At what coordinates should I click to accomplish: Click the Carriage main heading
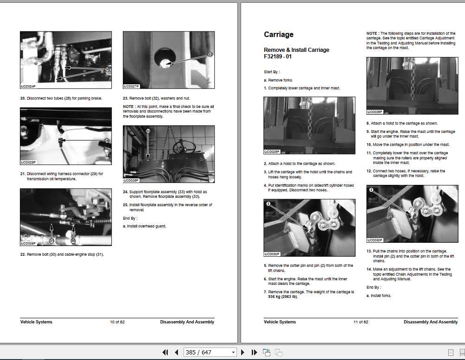point(279,35)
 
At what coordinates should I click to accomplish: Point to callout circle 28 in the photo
point(107,69)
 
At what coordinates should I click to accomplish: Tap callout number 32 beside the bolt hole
point(210,54)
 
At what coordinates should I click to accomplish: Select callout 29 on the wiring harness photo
point(107,140)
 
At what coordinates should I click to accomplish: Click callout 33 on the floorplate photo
point(148,131)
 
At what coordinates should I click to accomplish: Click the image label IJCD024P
point(28,87)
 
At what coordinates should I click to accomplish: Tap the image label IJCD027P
point(131,86)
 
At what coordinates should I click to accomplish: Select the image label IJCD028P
point(131,181)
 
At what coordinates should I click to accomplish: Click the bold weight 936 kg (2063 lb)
point(283,297)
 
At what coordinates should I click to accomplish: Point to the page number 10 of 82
point(117,322)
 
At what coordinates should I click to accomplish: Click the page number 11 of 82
point(361,322)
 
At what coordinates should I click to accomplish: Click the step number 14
point(369,269)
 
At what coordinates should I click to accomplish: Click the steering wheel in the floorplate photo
point(184,147)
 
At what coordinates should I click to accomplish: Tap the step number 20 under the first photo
point(23,98)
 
